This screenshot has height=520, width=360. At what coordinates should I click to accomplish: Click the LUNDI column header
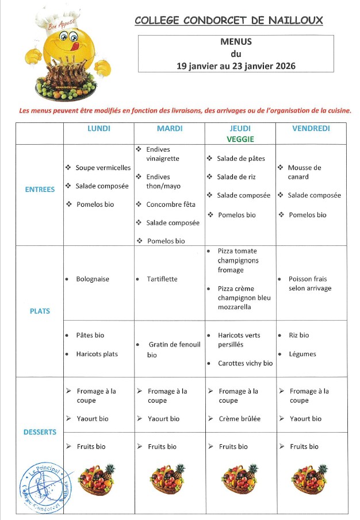pyautogui.click(x=98, y=129)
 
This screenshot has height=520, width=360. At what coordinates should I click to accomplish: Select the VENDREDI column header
pyautogui.click(x=311, y=129)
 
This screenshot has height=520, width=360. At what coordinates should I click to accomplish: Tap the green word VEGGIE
pyautogui.click(x=240, y=139)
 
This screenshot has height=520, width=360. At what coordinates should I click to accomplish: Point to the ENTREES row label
pyautogui.click(x=40, y=190)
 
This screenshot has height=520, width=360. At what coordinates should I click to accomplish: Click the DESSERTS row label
pyautogui.click(x=40, y=432)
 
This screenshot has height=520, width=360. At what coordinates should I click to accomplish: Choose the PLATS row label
pyautogui.click(x=40, y=311)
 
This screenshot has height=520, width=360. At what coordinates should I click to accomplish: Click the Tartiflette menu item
pyautogui.click(x=162, y=279)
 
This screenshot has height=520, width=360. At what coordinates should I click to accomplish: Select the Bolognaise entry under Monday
pyautogui.click(x=93, y=279)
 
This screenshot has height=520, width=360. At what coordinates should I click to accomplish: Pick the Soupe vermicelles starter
pyautogui.click(x=103, y=168)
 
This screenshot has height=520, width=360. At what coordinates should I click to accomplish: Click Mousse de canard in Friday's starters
pyautogui.click(x=304, y=172)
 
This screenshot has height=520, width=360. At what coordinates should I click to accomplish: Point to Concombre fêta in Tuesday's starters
pyautogui.click(x=171, y=205)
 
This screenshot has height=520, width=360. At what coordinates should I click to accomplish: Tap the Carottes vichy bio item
pyautogui.click(x=245, y=363)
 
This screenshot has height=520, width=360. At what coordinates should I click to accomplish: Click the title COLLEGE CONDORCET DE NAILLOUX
pyautogui.click(x=228, y=21)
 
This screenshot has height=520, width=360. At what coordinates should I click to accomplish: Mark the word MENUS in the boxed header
pyautogui.click(x=236, y=41)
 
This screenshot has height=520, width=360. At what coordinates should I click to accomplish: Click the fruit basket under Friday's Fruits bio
pyautogui.click(x=309, y=479)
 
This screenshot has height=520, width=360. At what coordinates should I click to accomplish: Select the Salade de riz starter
pyautogui.click(x=237, y=177)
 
